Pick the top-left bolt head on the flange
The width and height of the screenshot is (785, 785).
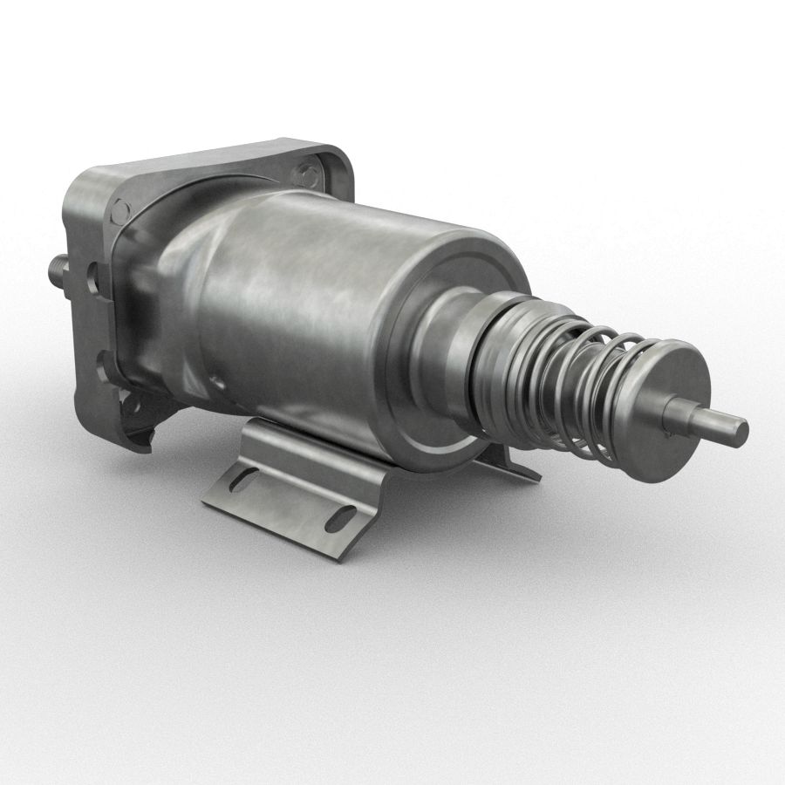121,208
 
